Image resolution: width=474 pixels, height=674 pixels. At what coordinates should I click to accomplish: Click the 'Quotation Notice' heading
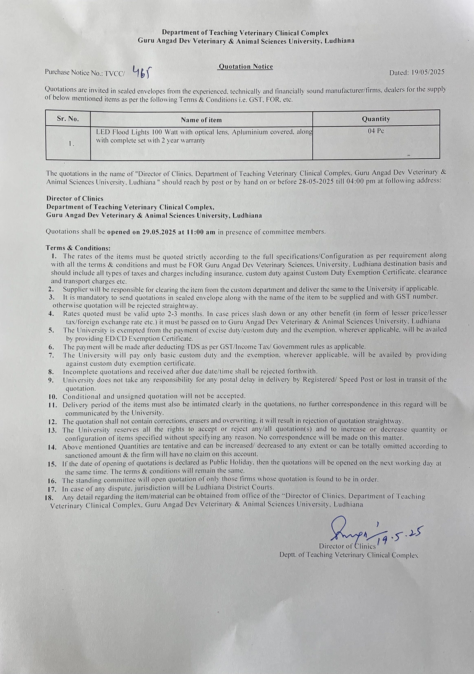point(245,67)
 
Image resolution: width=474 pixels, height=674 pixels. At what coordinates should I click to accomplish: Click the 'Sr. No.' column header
point(68,119)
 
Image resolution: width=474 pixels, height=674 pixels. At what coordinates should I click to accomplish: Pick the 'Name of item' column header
point(201,120)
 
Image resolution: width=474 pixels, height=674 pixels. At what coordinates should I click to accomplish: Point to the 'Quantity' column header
point(376,119)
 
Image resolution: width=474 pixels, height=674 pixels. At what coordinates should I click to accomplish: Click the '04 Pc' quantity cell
point(376,131)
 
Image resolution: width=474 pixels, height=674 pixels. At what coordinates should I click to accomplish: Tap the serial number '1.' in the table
point(71,144)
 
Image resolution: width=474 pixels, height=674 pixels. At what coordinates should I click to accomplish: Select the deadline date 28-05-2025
point(316,181)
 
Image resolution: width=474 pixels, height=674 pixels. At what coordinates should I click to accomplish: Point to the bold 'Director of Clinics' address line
point(75,198)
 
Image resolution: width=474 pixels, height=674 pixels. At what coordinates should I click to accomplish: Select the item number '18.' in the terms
point(49,498)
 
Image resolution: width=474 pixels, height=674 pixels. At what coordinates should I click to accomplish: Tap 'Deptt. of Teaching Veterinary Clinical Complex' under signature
point(349,555)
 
